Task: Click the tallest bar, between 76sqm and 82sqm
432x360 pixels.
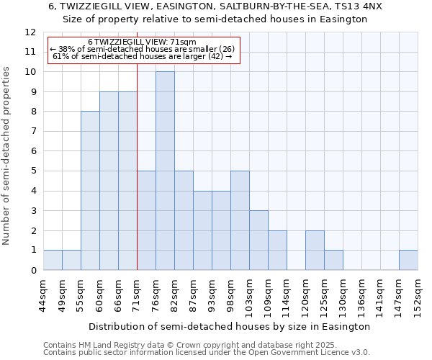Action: pos(165,171)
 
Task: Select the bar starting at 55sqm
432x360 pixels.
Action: pos(90,191)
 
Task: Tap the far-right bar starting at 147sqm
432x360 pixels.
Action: pos(408,260)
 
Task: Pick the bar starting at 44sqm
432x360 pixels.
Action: pos(53,260)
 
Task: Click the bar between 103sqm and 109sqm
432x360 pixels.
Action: pos(258,240)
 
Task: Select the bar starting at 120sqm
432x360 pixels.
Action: pos(315,250)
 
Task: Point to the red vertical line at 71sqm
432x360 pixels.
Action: pos(137,180)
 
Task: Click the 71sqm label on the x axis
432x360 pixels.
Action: pos(137,295)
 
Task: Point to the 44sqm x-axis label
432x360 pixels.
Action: pos(43,295)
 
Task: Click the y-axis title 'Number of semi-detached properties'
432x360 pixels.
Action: pos(6,156)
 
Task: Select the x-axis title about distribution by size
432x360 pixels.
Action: pos(230,326)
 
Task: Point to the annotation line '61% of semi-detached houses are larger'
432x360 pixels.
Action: pos(143,56)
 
